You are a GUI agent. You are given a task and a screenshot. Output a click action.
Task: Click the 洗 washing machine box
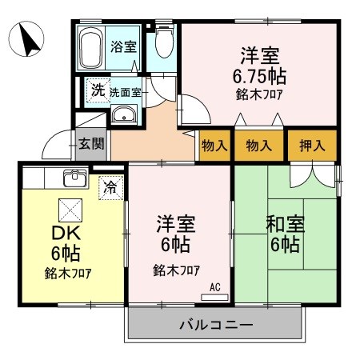(96, 90)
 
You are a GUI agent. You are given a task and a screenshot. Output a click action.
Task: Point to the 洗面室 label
(126, 91)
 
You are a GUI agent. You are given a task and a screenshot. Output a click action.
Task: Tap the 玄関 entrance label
(91, 144)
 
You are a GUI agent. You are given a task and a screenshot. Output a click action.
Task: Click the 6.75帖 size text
(260, 77)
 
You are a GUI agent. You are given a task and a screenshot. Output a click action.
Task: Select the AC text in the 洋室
(214, 286)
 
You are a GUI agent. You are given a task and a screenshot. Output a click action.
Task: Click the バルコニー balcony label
(214, 326)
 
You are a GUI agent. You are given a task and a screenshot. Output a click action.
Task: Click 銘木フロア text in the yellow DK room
(67, 273)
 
